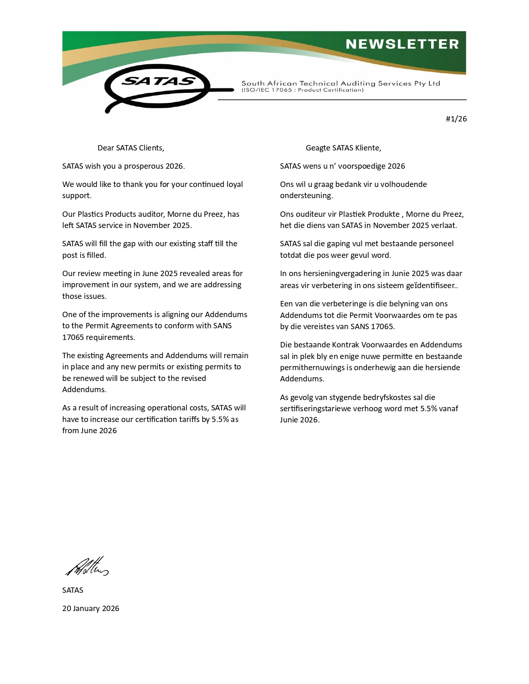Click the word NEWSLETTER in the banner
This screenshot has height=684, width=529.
(x=402, y=44)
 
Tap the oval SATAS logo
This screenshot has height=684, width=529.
(x=157, y=85)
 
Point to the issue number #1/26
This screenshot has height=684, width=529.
(x=456, y=119)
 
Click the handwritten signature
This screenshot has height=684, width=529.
(x=87, y=567)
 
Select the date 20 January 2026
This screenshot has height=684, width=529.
(x=90, y=609)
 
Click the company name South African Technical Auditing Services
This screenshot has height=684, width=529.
(x=340, y=83)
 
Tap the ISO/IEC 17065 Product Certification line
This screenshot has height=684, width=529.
(x=302, y=90)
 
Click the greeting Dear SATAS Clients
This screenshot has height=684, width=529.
(x=131, y=148)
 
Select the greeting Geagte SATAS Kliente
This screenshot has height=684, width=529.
(x=343, y=148)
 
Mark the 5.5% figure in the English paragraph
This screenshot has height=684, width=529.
(x=220, y=420)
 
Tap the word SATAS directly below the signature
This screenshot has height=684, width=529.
(x=73, y=590)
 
